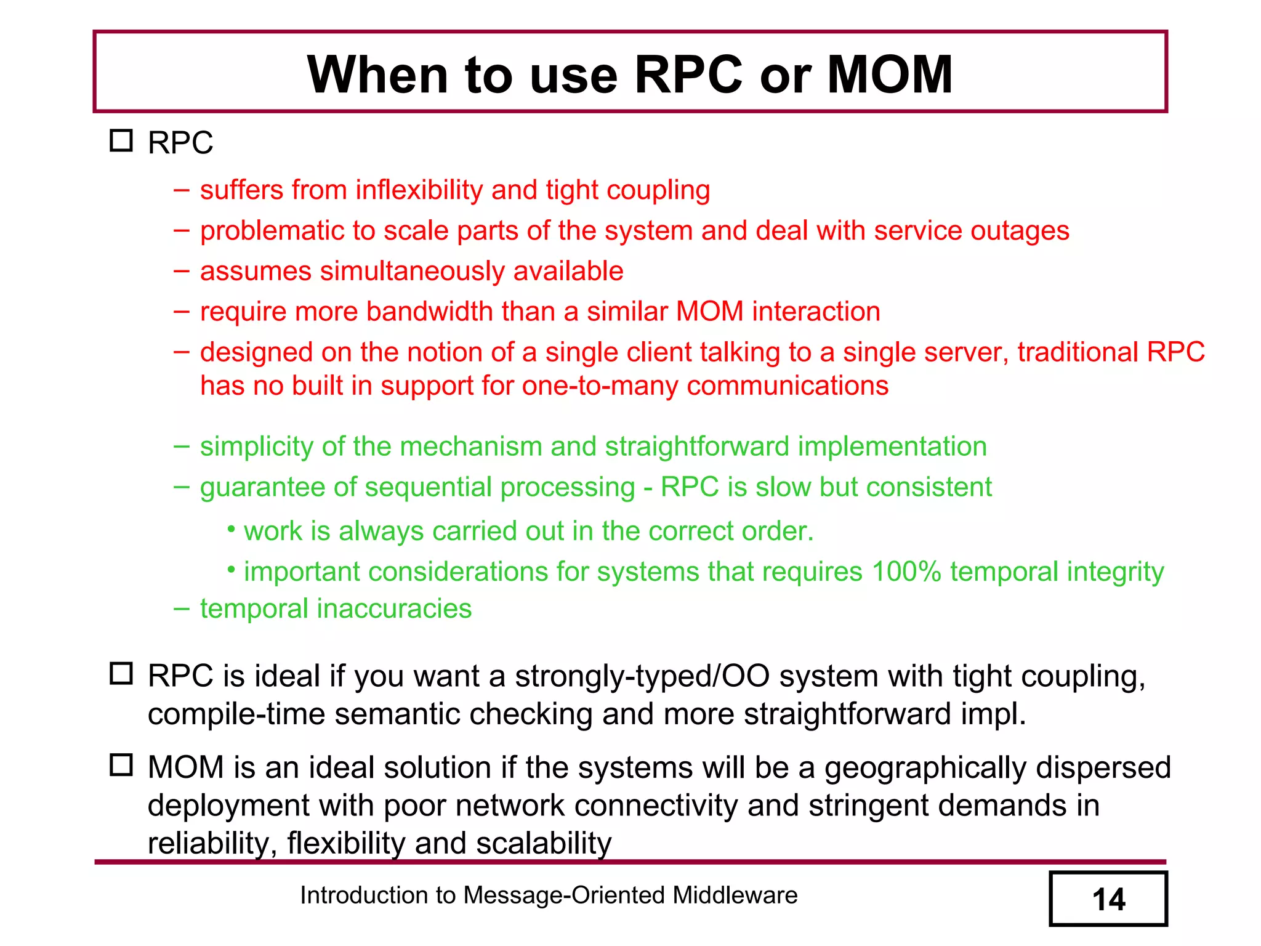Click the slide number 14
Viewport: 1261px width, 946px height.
coord(1108,900)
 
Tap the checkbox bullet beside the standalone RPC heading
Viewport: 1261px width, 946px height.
coord(121,141)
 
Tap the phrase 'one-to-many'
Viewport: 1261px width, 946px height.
coord(599,386)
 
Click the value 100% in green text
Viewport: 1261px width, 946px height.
coord(906,572)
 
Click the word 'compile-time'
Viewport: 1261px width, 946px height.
coord(236,714)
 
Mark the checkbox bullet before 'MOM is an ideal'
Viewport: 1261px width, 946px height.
coord(121,766)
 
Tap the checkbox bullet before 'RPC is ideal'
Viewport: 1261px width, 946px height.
coord(121,674)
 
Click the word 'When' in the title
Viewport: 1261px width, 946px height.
coord(378,75)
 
